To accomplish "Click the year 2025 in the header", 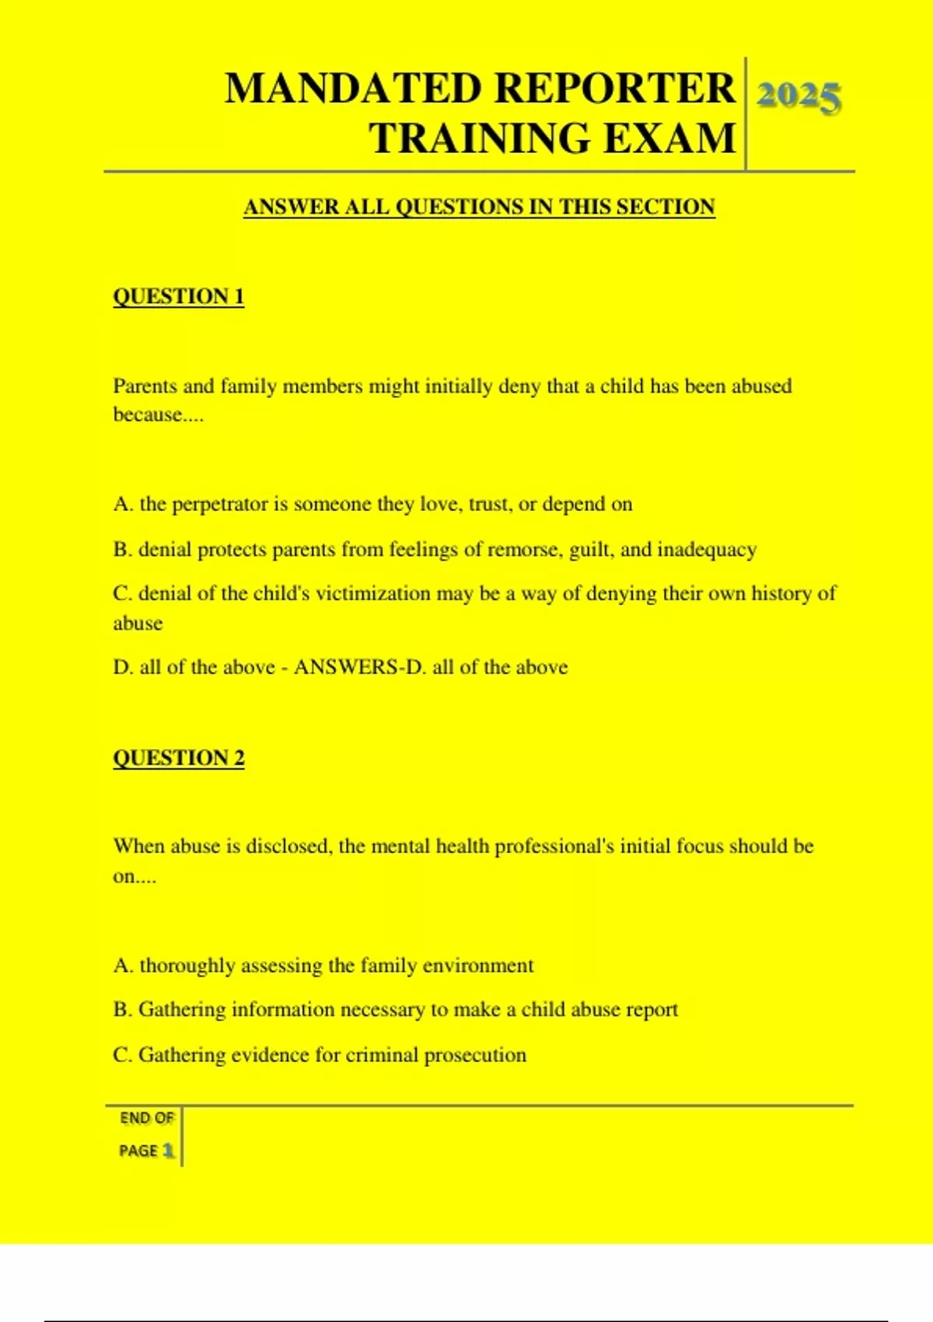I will [x=798, y=97].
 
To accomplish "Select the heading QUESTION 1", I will [x=179, y=296].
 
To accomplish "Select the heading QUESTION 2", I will [x=179, y=757].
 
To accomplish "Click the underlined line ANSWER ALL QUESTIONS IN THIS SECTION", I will [x=479, y=207].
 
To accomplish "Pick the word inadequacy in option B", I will [x=707, y=550].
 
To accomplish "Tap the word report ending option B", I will [x=652, y=1010].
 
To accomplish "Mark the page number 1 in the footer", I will [x=168, y=1150].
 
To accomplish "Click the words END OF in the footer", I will [x=147, y=1118].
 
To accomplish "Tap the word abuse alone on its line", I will [x=138, y=624].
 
